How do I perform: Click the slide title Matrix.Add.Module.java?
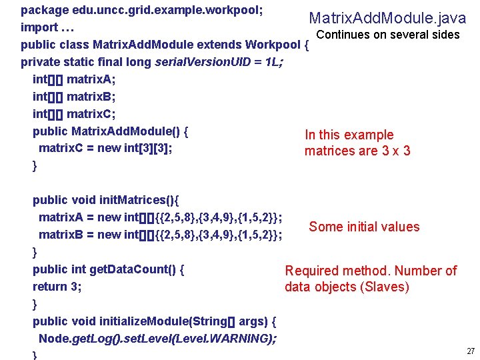(x=387, y=18)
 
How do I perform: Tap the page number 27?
(x=471, y=351)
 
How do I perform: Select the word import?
(x=39, y=28)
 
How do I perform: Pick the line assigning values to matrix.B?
(x=160, y=234)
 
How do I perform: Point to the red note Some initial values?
(x=364, y=227)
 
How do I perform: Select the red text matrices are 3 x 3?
(x=357, y=151)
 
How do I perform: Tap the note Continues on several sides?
(x=387, y=35)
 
